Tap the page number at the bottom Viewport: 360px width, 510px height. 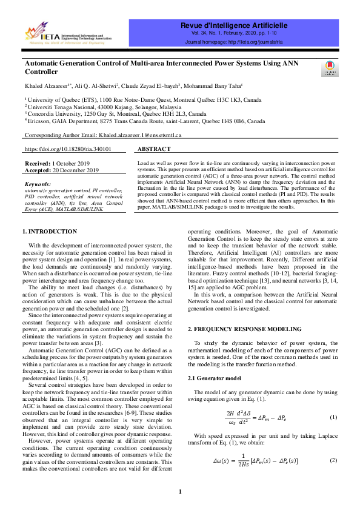click(180, 491)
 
